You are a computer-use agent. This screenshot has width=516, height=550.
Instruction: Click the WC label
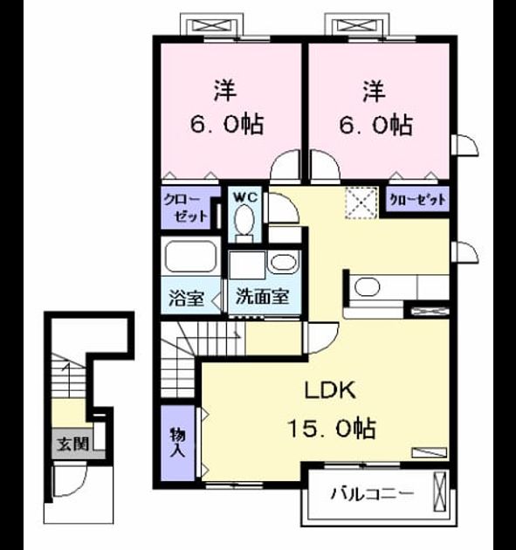tap(245, 197)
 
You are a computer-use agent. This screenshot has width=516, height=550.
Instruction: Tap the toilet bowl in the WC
tap(244, 220)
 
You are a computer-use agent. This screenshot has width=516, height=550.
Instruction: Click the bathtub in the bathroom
tap(190, 257)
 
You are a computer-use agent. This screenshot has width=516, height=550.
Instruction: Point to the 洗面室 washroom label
tap(263, 297)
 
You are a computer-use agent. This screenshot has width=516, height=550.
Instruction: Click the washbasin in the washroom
tap(284, 263)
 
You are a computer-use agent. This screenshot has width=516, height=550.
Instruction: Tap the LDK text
tap(330, 390)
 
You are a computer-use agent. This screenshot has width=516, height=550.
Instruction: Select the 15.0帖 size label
tap(332, 428)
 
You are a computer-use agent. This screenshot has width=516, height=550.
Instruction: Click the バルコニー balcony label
tap(373, 494)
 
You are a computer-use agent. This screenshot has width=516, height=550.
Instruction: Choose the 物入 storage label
tap(177, 443)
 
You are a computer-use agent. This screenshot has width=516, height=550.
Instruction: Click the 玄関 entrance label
tap(73, 444)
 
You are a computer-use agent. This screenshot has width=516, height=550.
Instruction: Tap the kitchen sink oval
tap(368, 287)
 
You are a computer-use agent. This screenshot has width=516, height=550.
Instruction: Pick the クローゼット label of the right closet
tap(418, 200)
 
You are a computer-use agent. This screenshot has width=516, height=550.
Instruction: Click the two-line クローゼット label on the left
tap(186, 209)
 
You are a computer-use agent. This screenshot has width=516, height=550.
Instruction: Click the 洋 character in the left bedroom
tap(225, 91)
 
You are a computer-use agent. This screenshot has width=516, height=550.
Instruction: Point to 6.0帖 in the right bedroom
tap(375, 125)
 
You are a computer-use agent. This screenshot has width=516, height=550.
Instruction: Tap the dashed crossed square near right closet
tap(361, 203)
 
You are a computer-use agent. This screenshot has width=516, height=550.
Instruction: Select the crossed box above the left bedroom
tap(211, 25)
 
